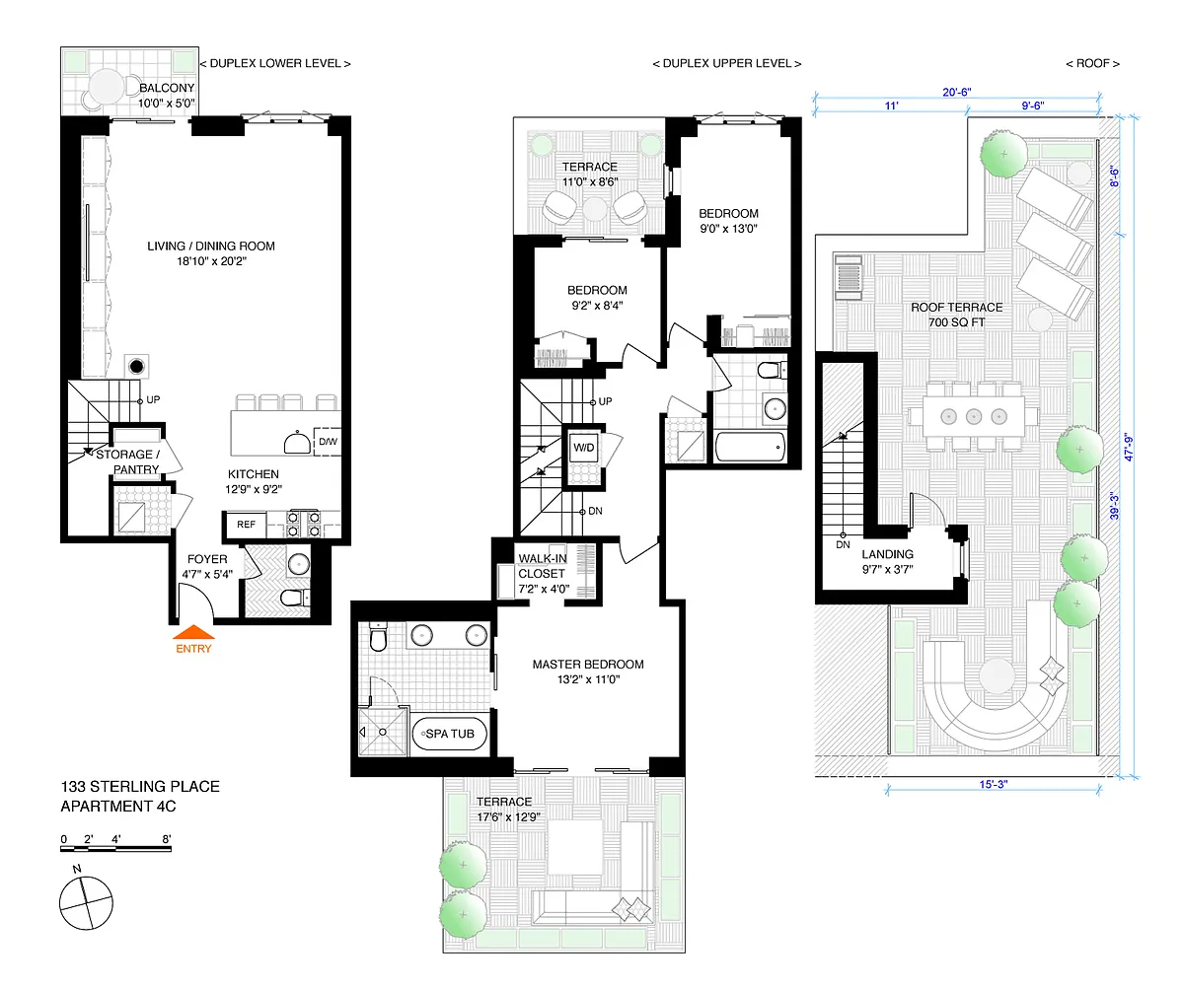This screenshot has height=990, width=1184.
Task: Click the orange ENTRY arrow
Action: click(193, 632)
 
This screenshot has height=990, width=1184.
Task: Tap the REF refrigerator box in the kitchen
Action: click(246, 525)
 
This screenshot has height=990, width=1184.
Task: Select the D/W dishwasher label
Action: click(328, 442)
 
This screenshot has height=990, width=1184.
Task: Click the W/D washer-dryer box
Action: click(583, 448)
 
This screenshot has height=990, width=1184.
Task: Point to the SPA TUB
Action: click(449, 734)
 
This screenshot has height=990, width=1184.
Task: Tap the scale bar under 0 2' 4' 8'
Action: click(115, 849)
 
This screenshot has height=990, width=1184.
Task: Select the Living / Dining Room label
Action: click(211, 253)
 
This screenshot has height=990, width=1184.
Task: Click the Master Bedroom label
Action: click(588, 672)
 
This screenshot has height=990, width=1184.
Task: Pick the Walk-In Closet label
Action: click(543, 574)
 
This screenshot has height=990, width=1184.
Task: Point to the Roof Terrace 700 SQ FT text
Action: click(957, 315)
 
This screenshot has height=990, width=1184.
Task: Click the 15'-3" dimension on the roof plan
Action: click(994, 784)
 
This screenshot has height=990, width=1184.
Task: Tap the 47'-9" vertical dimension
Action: click(1128, 448)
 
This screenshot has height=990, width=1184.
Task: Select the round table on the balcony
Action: click(107, 87)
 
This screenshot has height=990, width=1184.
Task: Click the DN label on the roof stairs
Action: click(844, 544)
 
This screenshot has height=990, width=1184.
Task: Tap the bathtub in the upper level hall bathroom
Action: click(750, 447)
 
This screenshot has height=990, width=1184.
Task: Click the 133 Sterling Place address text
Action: click(140, 787)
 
